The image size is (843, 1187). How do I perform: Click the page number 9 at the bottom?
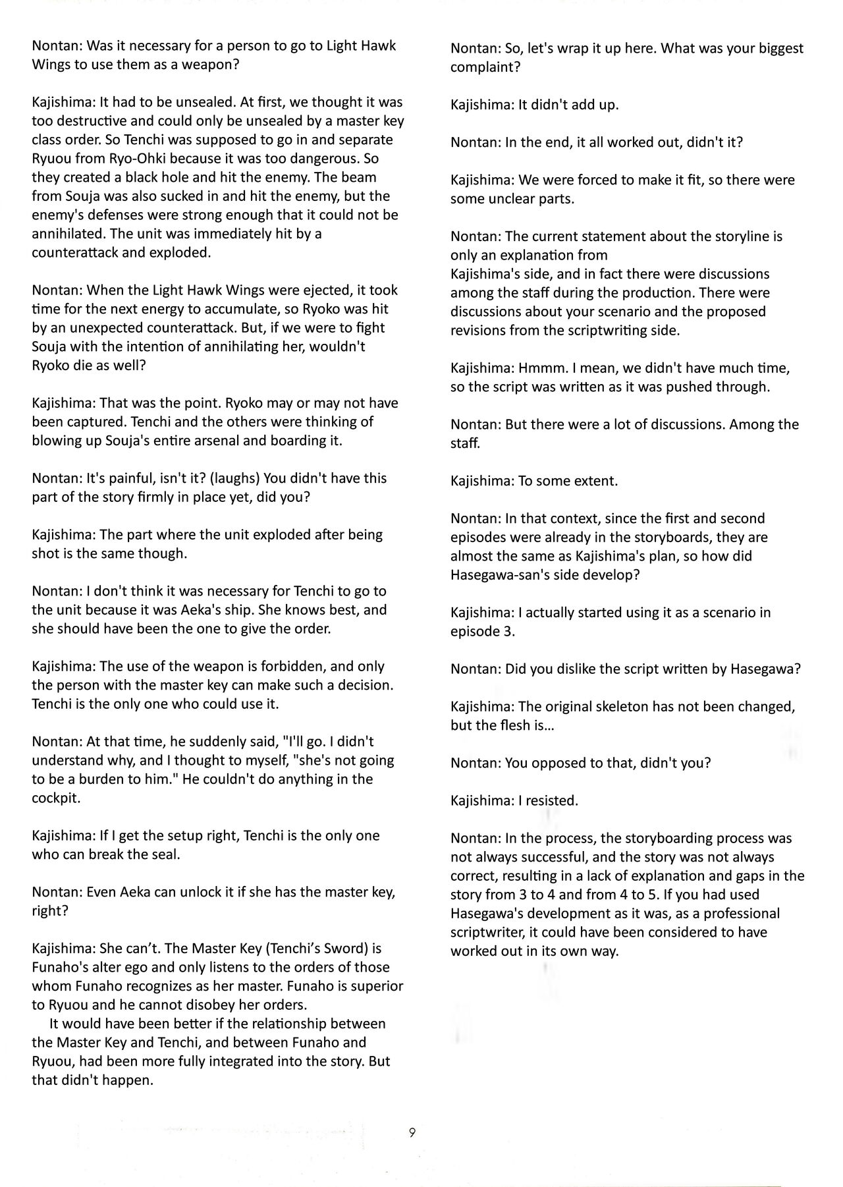point(412,1132)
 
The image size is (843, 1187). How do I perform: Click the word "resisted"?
point(551,801)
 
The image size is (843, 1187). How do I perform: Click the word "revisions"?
point(479,331)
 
